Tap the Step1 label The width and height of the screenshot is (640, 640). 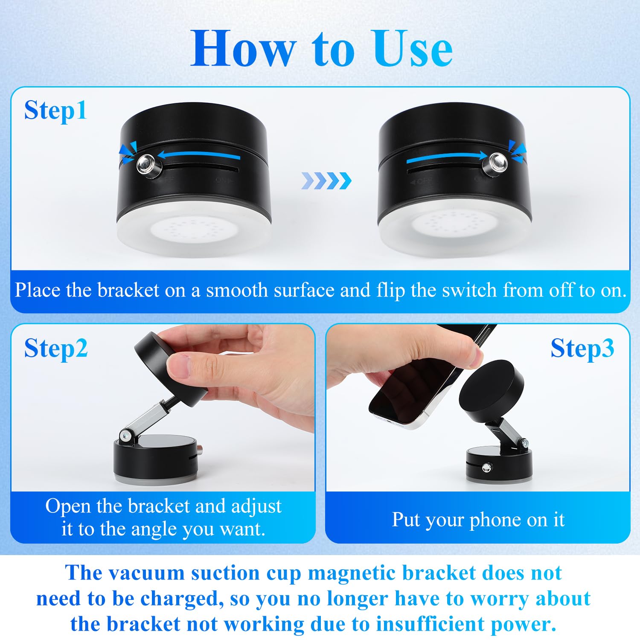(x=55, y=111)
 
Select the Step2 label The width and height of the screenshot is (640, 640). (x=55, y=349)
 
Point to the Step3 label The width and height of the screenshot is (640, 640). (x=582, y=349)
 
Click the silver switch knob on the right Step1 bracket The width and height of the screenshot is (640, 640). (x=497, y=163)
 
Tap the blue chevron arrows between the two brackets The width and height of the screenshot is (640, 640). (x=326, y=181)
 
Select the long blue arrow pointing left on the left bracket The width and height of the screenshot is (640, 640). (x=198, y=156)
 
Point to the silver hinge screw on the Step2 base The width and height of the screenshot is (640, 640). (x=125, y=436)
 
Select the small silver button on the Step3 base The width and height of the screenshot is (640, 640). (x=486, y=468)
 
